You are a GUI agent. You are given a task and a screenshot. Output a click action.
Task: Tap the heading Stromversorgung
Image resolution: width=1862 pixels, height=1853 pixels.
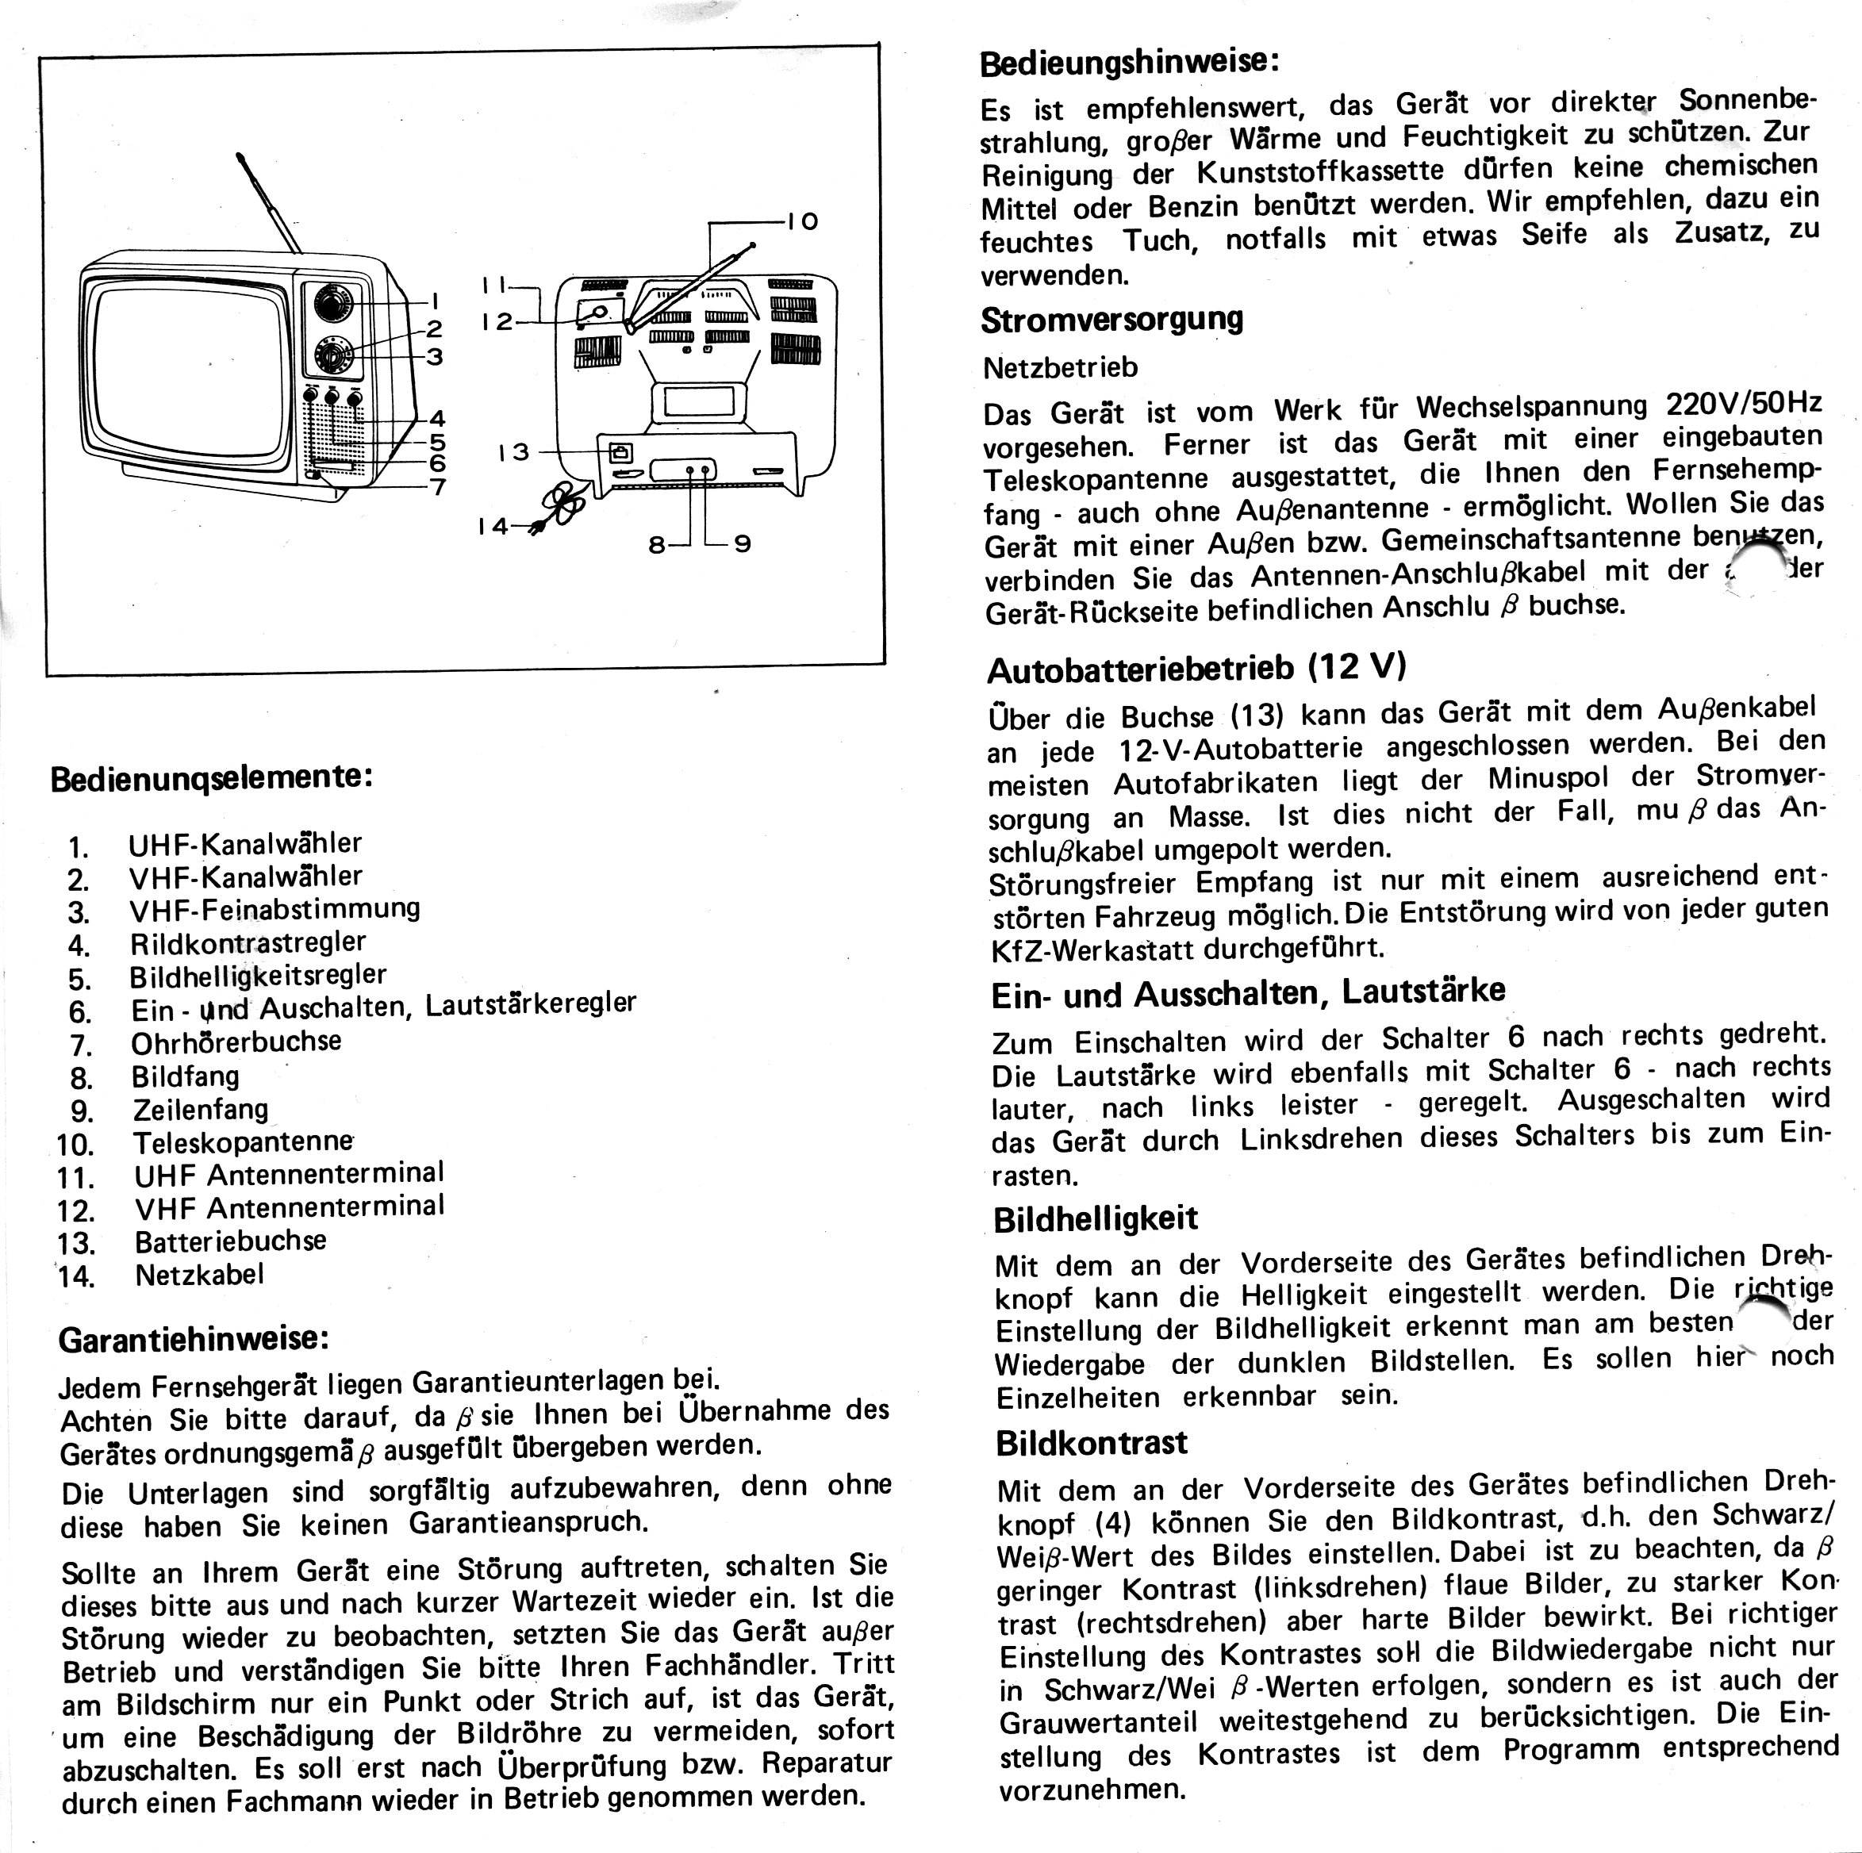pyautogui.click(x=1111, y=319)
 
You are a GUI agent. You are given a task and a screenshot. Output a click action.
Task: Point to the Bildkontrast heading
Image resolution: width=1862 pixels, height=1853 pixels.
pyautogui.click(x=1091, y=1443)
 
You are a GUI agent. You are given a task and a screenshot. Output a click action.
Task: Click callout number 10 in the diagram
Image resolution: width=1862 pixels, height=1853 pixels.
pyautogui.click(x=802, y=221)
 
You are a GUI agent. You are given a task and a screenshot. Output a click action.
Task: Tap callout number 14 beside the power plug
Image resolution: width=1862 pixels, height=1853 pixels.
pyautogui.click(x=492, y=526)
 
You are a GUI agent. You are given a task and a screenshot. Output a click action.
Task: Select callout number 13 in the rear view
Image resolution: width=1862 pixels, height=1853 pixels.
pyautogui.click(x=513, y=451)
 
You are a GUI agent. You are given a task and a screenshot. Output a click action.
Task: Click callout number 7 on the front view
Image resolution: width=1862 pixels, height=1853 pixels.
pyautogui.click(x=438, y=485)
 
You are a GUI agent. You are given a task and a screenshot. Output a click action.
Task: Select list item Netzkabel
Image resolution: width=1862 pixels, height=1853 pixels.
pyautogui.click(x=198, y=1274)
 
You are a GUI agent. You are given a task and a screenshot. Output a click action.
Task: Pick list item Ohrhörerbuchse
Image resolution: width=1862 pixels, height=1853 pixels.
pyautogui.click(x=236, y=1042)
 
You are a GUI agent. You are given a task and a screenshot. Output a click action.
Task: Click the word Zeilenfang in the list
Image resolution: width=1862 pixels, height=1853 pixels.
pyautogui.click(x=201, y=1108)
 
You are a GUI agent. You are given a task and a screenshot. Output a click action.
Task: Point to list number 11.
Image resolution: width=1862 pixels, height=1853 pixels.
pyautogui.click(x=76, y=1177)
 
